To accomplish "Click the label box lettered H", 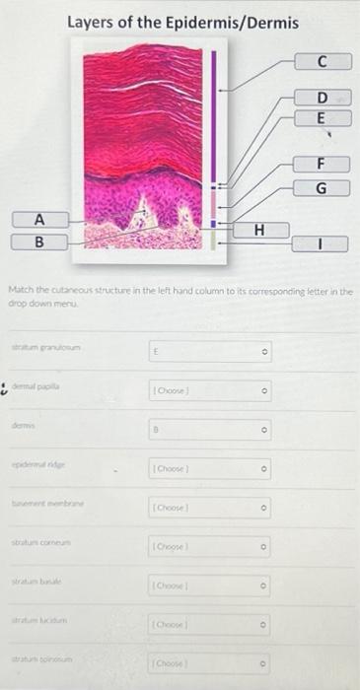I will click(x=259, y=231).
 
